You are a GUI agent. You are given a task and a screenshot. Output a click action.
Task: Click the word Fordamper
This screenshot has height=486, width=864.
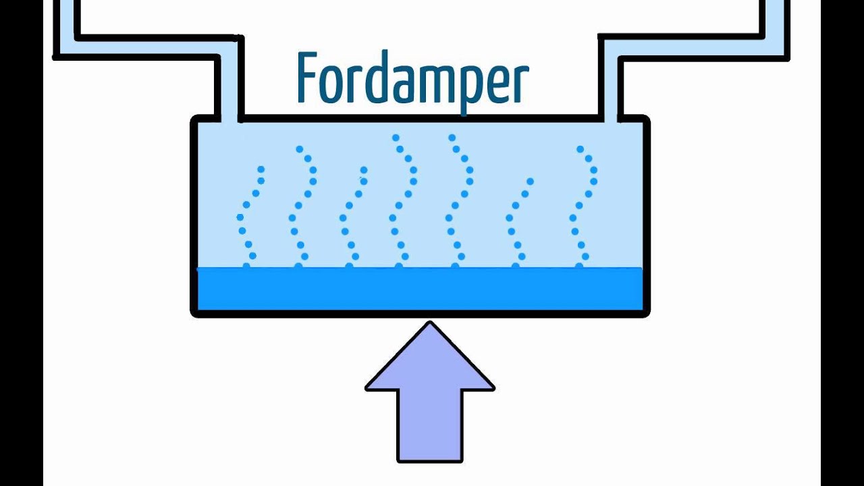click(x=412, y=79)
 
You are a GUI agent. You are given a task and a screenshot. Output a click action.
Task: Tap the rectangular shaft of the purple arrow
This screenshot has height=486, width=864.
click(x=430, y=425)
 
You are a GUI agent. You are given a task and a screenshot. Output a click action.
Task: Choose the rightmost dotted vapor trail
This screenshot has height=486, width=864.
click(x=583, y=206)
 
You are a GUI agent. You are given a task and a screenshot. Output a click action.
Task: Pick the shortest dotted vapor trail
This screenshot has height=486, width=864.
click(x=518, y=223)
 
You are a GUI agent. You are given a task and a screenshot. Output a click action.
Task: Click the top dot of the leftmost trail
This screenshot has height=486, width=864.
click(x=261, y=169)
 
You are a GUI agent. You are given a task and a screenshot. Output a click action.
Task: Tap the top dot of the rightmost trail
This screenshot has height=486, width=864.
click(x=580, y=148)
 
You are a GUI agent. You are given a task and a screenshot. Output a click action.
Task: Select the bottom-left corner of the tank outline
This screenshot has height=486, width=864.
click(x=194, y=313)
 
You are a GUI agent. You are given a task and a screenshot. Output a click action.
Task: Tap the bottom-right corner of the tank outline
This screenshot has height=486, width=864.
click(x=646, y=313)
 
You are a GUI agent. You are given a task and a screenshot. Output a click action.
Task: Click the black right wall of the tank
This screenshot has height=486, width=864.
click(x=646, y=216)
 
